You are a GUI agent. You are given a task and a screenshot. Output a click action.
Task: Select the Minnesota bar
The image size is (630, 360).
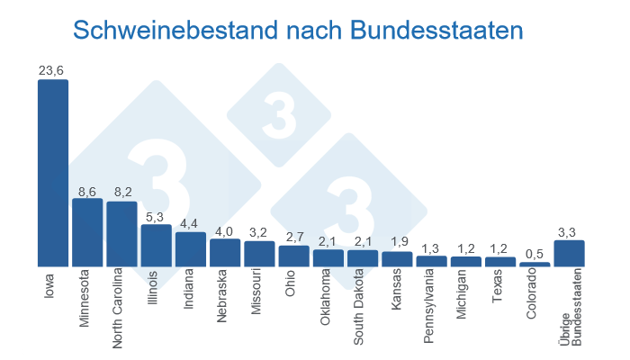[87, 232]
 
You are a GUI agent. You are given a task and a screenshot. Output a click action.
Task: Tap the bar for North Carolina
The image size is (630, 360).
[121, 234]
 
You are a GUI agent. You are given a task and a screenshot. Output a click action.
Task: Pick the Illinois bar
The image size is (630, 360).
[156, 245]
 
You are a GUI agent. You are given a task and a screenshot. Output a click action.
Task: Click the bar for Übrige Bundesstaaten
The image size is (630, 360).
[569, 253]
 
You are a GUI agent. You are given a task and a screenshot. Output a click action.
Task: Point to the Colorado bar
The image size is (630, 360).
[535, 264]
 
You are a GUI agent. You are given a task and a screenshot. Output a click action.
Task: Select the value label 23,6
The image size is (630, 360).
[52, 70]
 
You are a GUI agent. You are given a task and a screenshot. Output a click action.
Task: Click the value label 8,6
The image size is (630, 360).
[87, 191]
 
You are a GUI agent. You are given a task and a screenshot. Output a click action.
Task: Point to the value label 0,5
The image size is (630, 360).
[535, 255]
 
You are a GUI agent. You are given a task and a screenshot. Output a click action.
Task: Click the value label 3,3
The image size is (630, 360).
[567, 232]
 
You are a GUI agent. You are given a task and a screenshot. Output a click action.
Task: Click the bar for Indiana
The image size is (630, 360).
[191, 249]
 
